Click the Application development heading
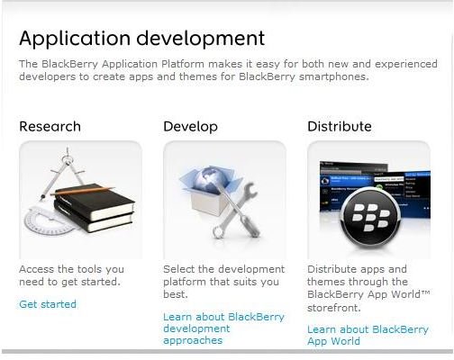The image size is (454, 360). click(141, 39)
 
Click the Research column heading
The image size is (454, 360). click(50, 126)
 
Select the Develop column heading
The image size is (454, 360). click(190, 127)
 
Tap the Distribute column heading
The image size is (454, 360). click(340, 126)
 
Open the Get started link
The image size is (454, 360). click(48, 304)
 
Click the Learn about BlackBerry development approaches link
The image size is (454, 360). click(223, 328)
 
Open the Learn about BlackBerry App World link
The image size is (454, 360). click(368, 335)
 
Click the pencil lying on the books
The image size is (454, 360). click(82, 191)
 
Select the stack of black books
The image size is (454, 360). click(94, 209)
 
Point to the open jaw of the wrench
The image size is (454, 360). click(250, 191)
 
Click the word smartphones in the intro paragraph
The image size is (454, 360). click(334, 76)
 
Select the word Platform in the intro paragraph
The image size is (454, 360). click(183, 64)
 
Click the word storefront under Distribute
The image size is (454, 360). click(333, 308)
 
